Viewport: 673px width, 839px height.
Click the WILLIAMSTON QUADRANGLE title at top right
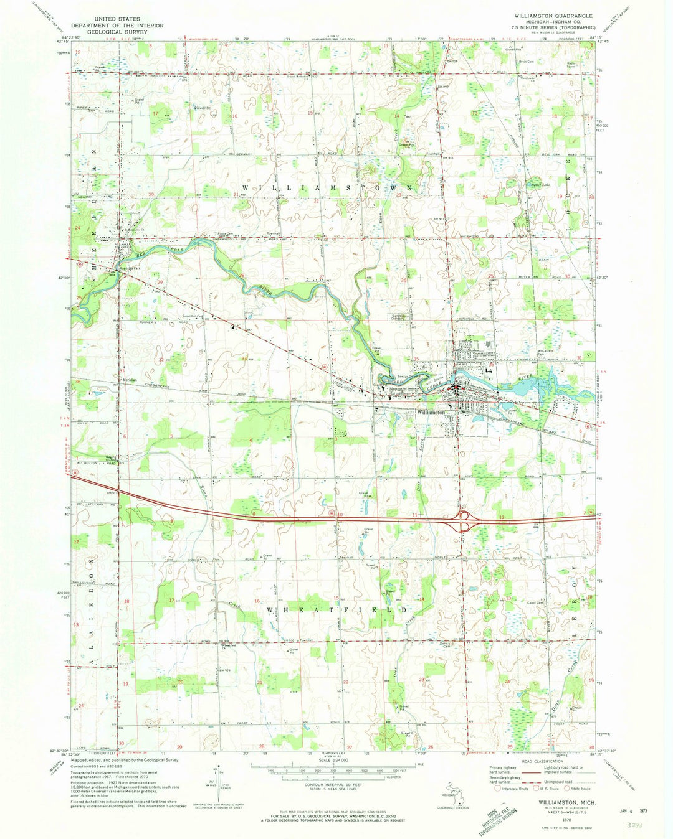(553, 14)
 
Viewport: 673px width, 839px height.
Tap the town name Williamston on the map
(431, 412)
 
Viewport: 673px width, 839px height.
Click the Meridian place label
(129, 380)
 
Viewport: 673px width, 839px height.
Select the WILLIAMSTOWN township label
(327, 187)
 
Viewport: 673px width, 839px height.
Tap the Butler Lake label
(538, 185)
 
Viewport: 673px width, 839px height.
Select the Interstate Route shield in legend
(497, 787)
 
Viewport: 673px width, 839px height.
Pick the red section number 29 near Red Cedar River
(160, 283)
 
